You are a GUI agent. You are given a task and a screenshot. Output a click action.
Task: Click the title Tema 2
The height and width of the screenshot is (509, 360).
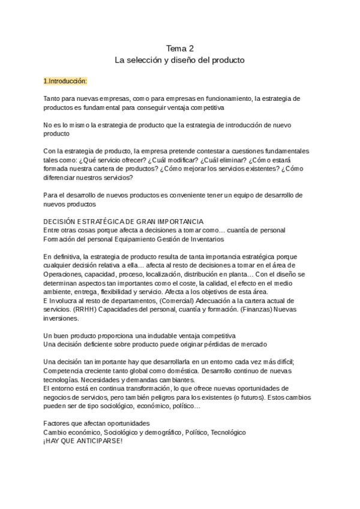pos(180,48)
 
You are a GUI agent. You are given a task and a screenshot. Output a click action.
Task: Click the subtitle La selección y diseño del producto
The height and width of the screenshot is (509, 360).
pos(180,60)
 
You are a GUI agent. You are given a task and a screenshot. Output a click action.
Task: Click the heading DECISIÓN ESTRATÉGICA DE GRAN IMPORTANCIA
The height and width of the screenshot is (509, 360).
pos(123,221)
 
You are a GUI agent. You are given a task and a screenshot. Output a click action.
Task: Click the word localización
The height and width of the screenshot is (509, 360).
pos(178,265)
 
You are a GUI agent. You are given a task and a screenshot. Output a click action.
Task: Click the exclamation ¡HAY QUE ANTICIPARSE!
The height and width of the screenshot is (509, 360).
pos(83,441)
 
